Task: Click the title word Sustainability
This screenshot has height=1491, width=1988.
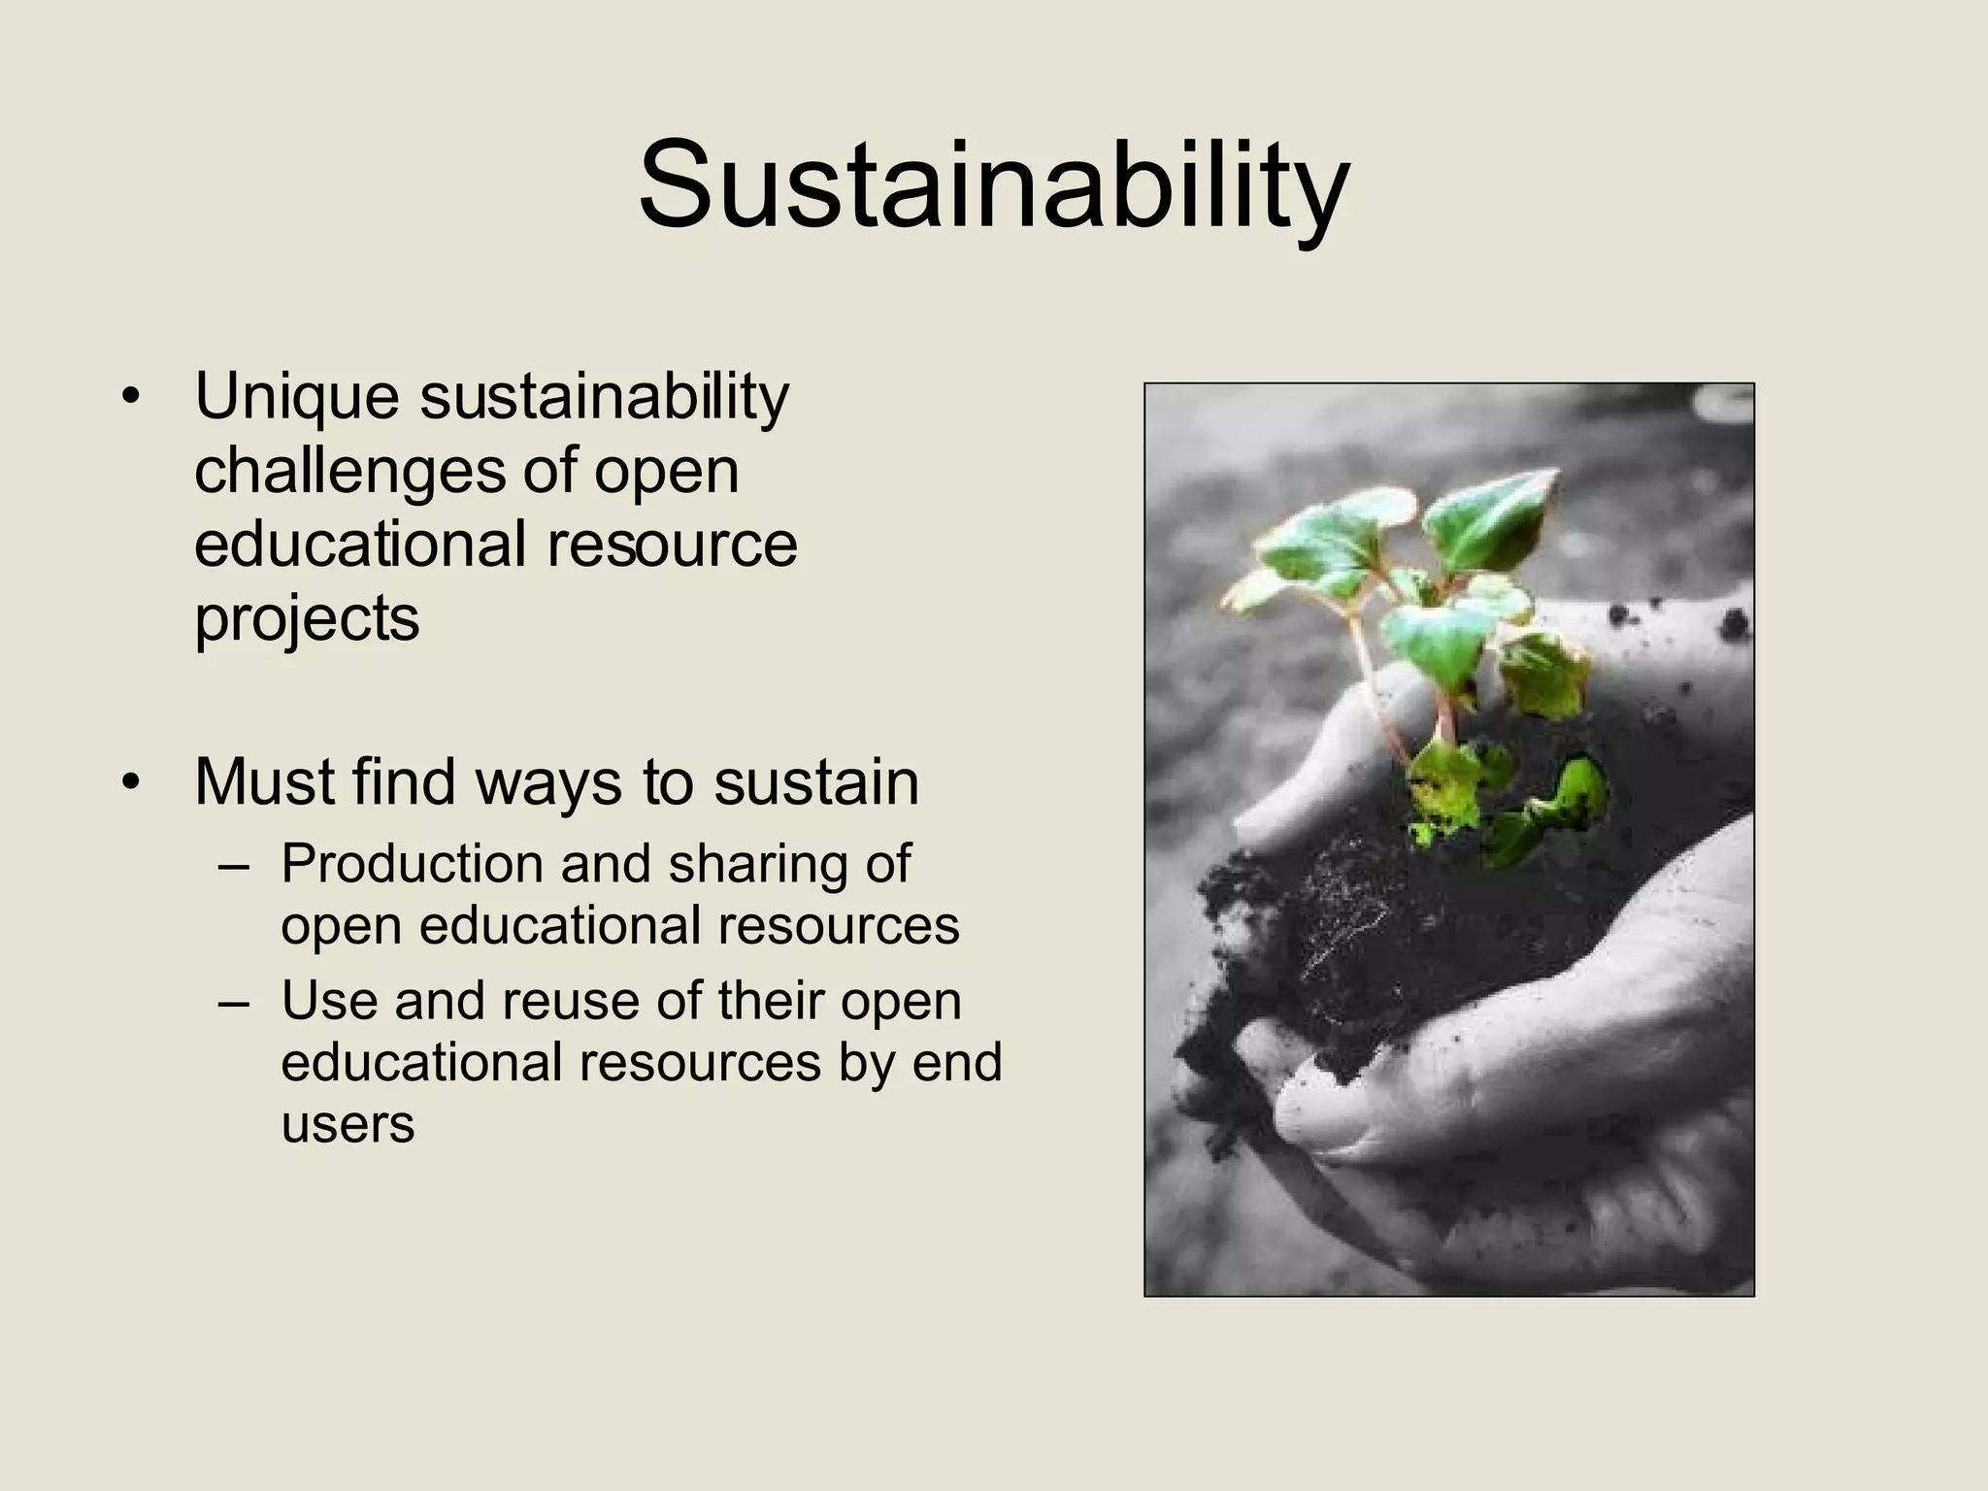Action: click(993, 184)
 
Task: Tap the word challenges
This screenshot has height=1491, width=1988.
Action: click(349, 471)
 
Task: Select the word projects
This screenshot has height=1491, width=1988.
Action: click(307, 619)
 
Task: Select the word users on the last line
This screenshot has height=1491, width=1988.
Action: click(348, 1124)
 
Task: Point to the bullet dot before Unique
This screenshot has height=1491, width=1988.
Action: click(132, 397)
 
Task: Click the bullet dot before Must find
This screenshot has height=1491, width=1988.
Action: click(132, 782)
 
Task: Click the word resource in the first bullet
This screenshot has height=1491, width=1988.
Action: click(672, 544)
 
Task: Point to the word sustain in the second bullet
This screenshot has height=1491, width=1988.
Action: click(815, 782)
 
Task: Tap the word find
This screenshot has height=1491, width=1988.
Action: click(404, 781)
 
